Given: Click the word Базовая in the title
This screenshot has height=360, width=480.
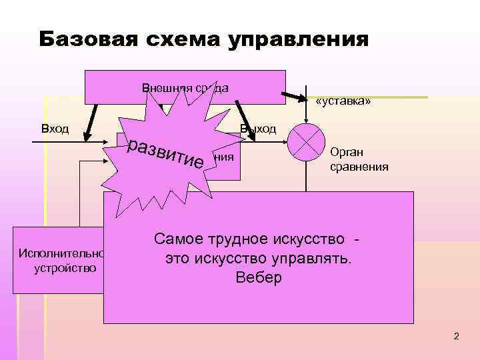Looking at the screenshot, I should (x=81, y=39).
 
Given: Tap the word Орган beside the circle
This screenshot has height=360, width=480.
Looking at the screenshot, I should (x=347, y=153).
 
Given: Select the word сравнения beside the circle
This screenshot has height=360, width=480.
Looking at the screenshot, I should (x=359, y=166).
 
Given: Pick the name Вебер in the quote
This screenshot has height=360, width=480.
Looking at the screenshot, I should (x=259, y=277).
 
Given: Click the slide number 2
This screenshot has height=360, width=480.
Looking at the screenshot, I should (x=456, y=336).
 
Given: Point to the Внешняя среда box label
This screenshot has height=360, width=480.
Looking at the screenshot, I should (x=185, y=88).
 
